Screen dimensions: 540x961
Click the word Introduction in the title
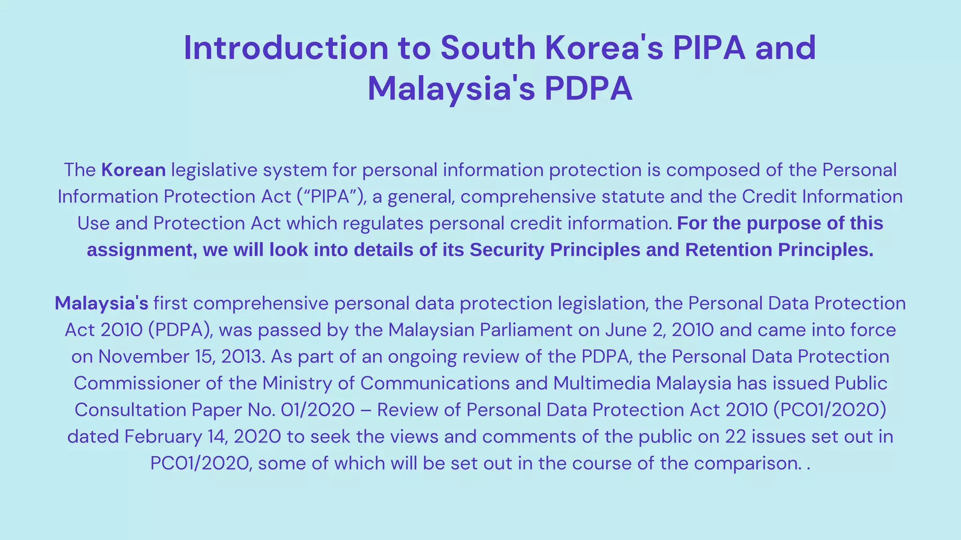click(286, 48)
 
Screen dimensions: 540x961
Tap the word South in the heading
click(488, 48)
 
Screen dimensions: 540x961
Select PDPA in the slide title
click(588, 89)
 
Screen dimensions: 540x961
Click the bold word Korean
click(134, 170)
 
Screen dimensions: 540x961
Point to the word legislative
click(214, 170)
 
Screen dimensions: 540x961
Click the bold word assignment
click(141, 250)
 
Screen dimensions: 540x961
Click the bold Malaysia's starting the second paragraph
click(101, 303)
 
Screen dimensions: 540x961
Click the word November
click(143, 357)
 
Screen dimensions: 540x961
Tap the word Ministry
click(297, 383)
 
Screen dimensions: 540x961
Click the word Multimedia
click(602, 383)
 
